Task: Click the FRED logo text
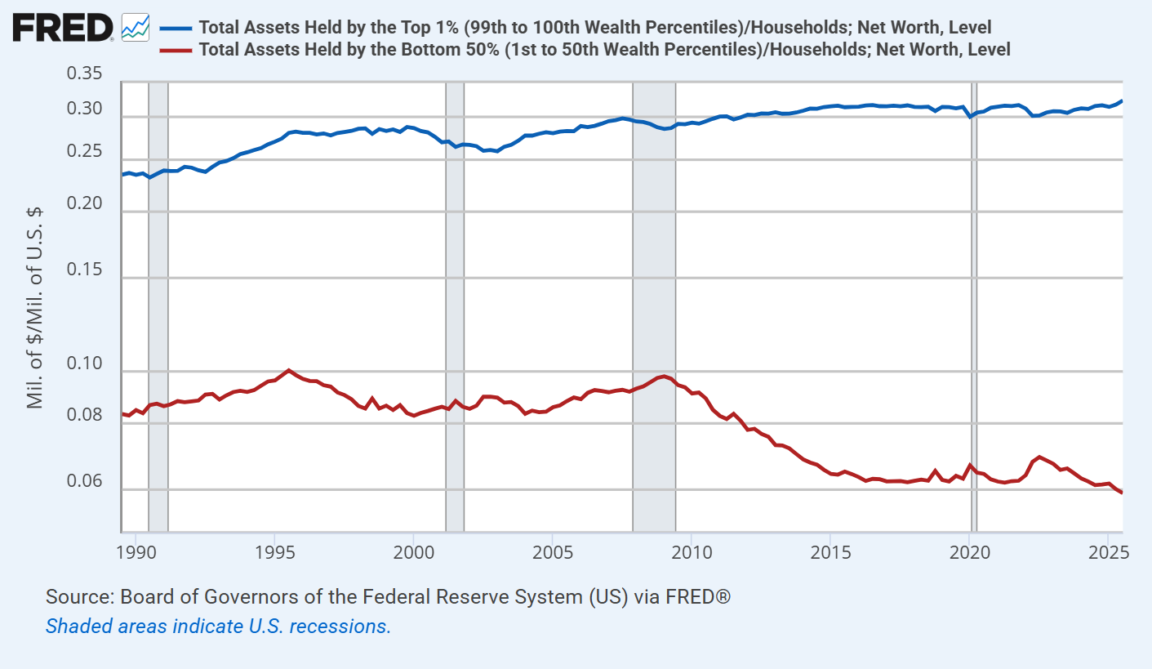[62, 28]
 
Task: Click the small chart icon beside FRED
[135, 28]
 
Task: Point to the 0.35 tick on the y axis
[84, 75]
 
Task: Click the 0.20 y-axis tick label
[84, 204]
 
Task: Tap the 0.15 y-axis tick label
[84, 270]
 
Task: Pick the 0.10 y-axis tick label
[84, 364]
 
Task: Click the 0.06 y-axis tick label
[84, 482]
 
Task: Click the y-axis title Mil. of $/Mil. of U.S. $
[34, 307]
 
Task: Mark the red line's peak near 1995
[288, 370]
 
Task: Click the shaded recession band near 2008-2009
[654, 306]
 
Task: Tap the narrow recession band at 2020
[973, 306]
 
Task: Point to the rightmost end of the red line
[1122, 493]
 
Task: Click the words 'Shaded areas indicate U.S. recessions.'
[218, 627]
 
